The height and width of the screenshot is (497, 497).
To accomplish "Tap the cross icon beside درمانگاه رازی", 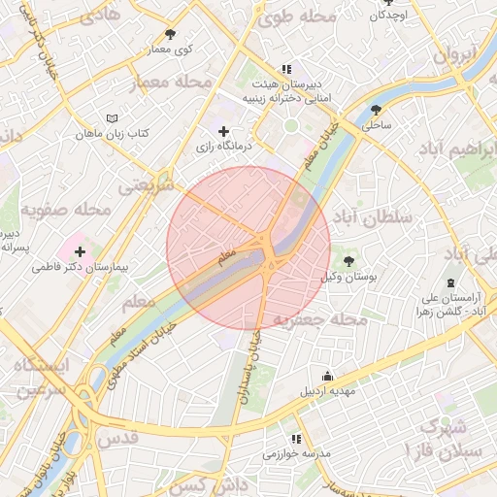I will click(x=224, y=131).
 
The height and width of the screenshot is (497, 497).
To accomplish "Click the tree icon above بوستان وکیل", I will click(x=348, y=261).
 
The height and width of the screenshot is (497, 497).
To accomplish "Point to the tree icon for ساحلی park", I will click(x=376, y=110).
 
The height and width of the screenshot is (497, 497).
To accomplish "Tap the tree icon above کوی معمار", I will click(x=171, y=34).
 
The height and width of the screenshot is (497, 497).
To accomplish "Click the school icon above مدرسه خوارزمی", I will click(x=284, y=438).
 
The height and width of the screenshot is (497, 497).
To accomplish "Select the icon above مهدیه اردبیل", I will click(x=328, y=376).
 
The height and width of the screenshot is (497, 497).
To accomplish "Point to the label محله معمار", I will click(x=176, y=83).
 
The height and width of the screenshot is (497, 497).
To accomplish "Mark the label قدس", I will click(x=119, y=438).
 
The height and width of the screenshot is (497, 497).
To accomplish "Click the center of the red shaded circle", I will click(x=248, y=248).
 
